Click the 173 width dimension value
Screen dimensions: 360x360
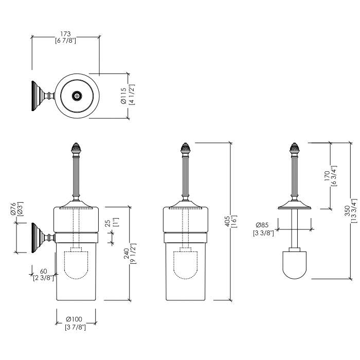[65, 33]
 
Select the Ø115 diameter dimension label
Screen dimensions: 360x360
[124, 96]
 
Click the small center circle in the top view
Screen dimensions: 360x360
[77, 96]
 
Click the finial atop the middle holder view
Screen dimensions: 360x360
[185, 148]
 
